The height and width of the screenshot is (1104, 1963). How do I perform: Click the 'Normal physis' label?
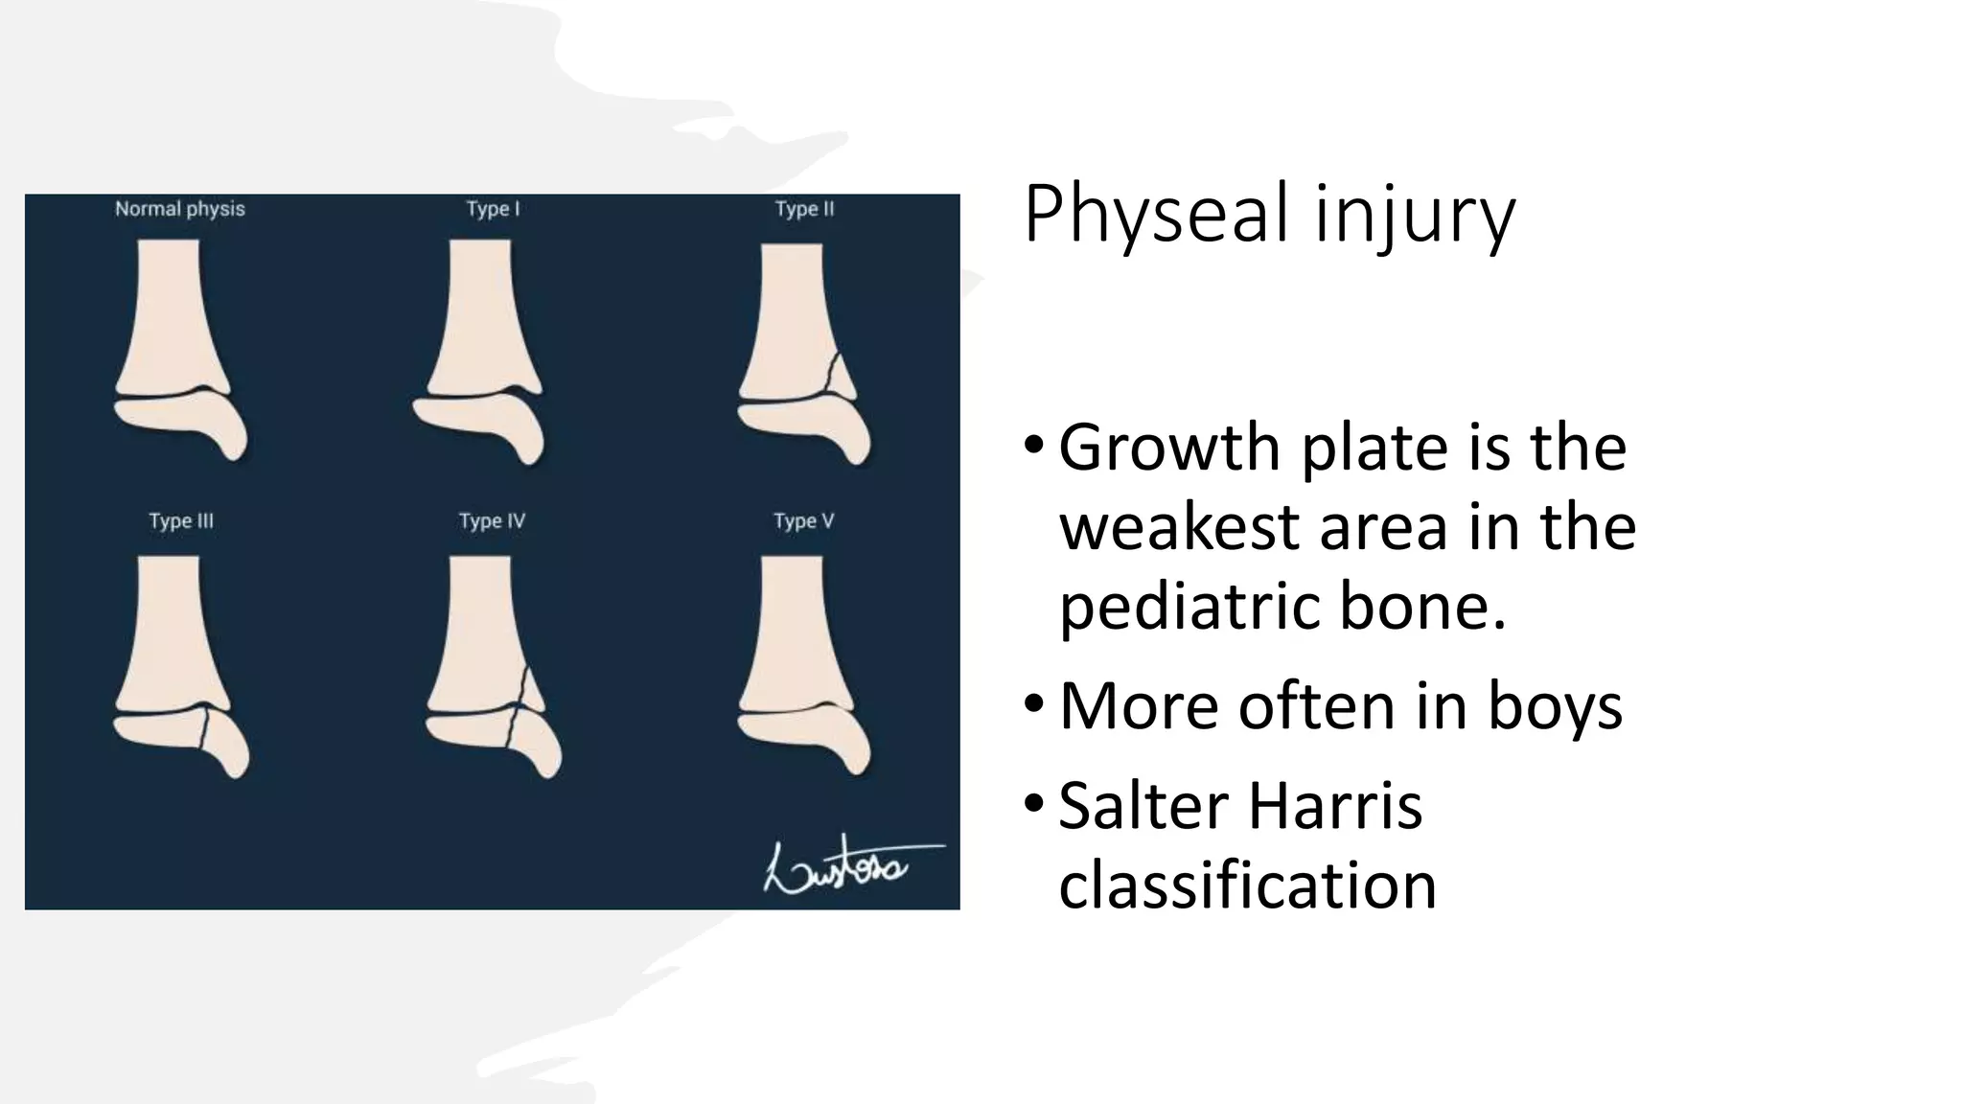click(179, 209)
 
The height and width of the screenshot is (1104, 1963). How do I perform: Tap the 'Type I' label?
click(493, 209)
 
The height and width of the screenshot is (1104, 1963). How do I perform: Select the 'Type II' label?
click(804, 209)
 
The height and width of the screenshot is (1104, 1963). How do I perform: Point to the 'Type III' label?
click(181, 521)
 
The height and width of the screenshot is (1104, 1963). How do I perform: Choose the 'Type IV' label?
click(492, 521)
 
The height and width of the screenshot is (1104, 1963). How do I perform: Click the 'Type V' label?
click(803, 521)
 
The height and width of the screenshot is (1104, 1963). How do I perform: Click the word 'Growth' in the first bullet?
click(1169, 448)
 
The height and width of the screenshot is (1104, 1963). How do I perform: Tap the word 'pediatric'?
click(1188, 608)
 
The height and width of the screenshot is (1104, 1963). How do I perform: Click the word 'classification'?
click(1247, 885)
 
